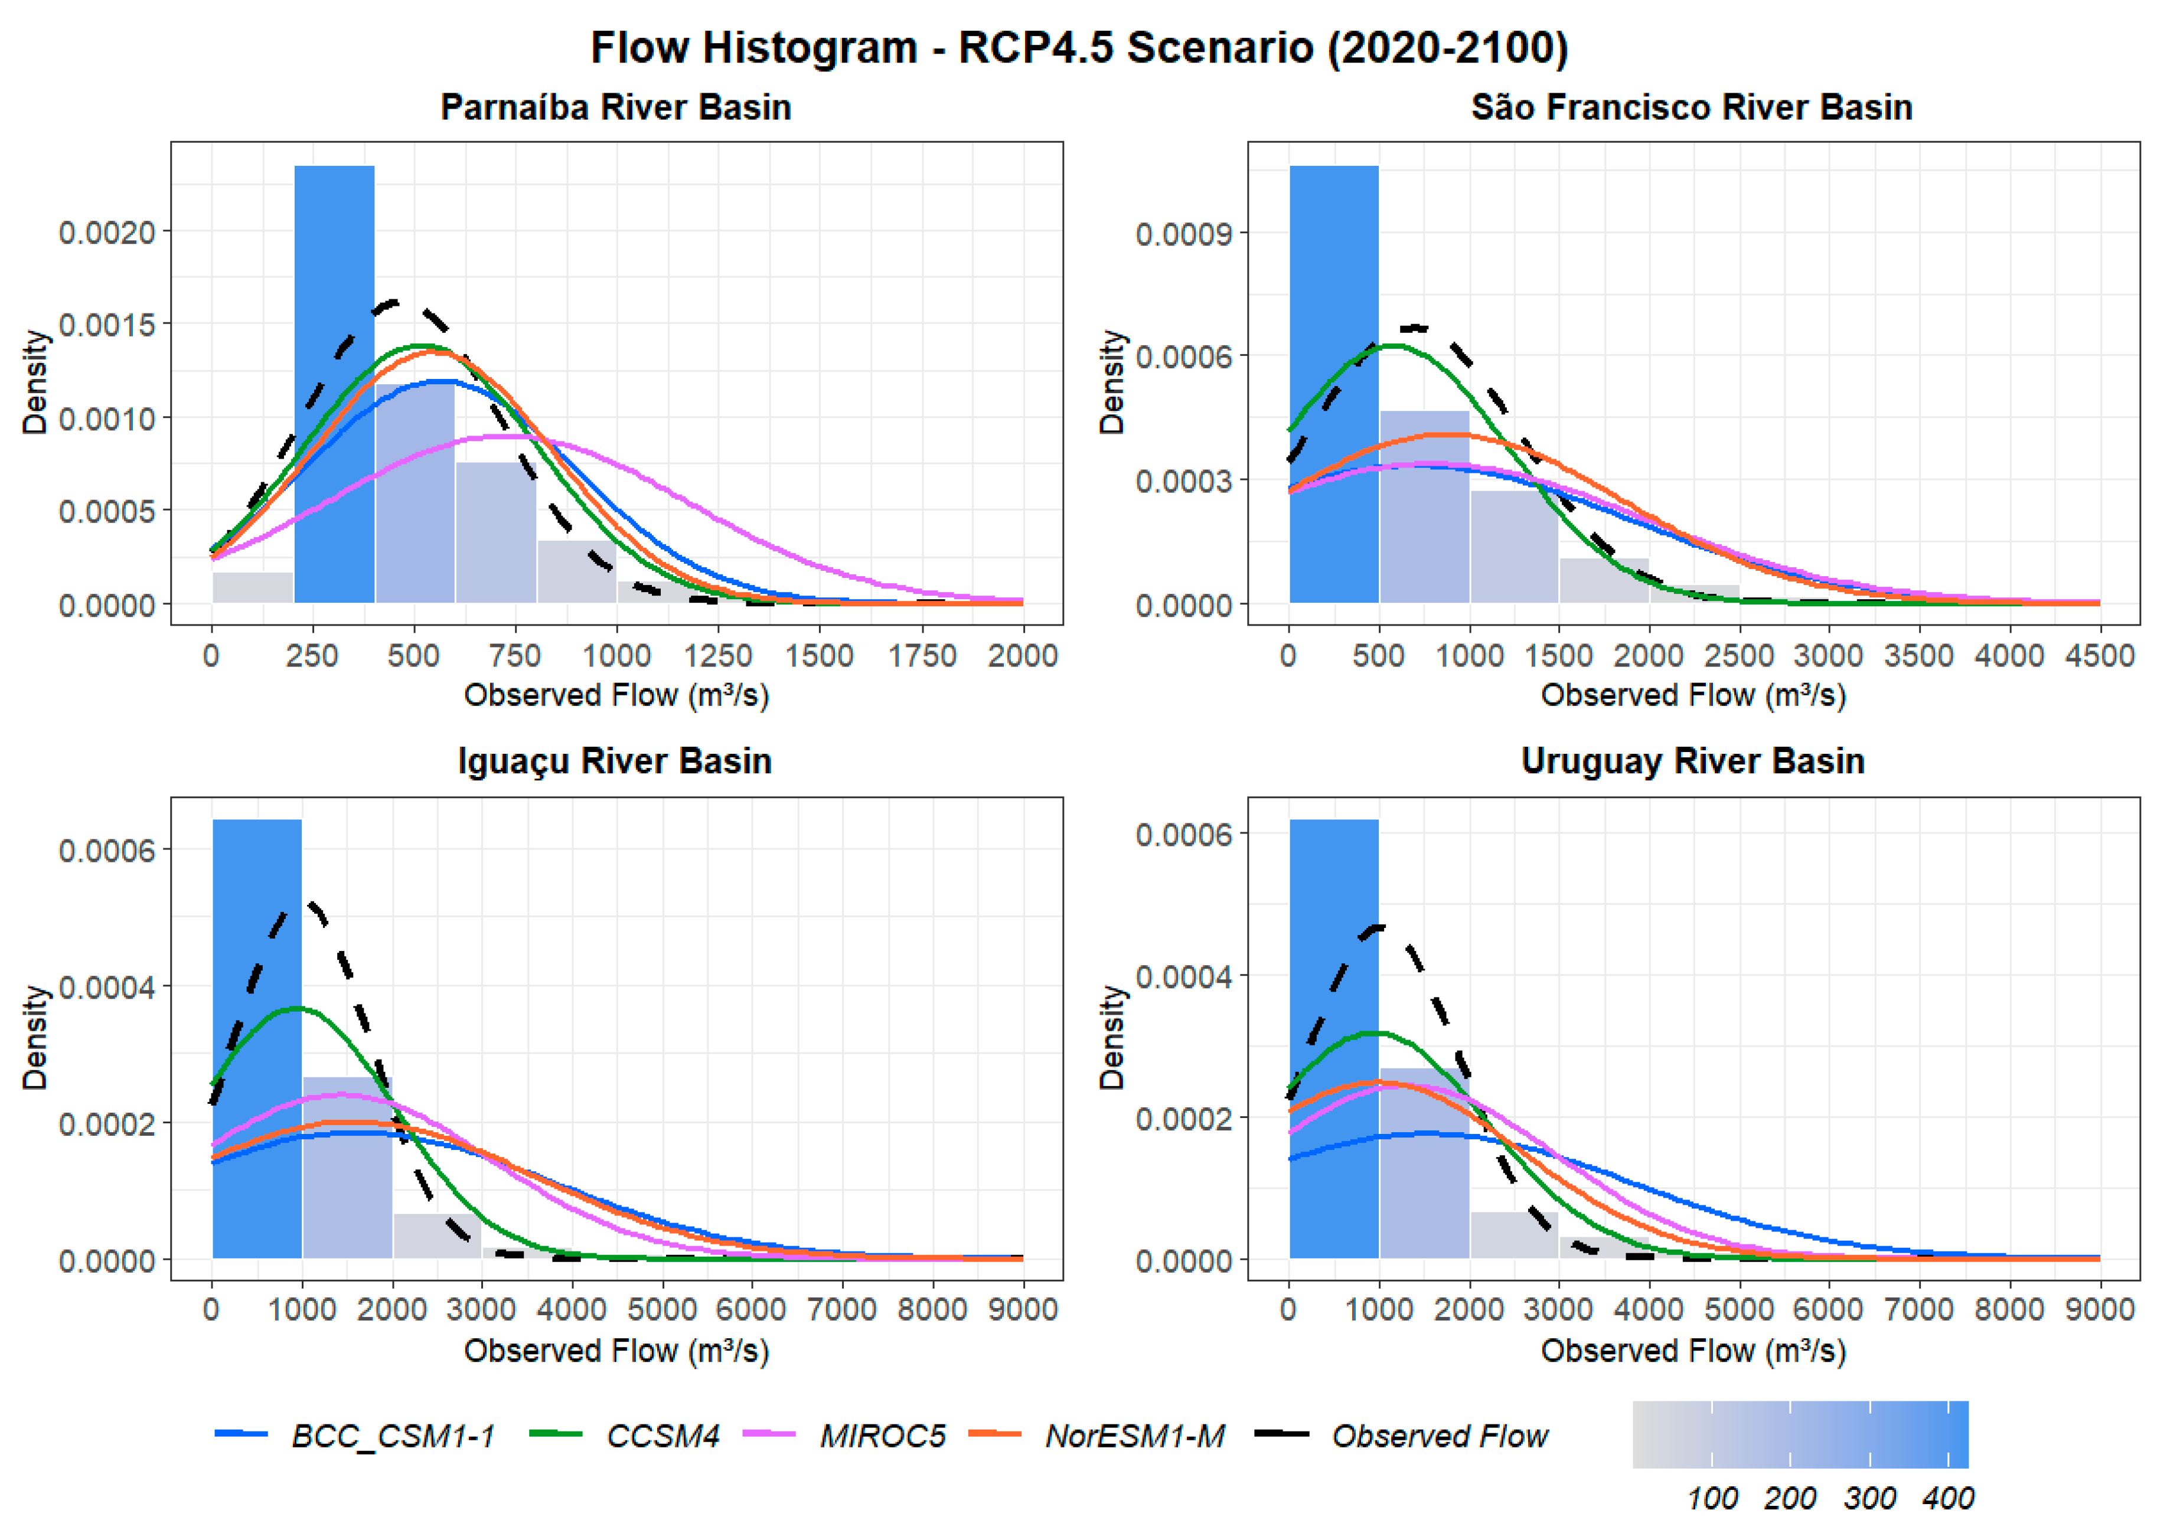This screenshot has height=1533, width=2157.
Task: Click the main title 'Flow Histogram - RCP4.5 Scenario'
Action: pos(1079,47)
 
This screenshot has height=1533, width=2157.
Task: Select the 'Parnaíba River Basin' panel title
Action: pos(615,107)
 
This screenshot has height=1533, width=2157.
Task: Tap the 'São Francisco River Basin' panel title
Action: pos(1692,107)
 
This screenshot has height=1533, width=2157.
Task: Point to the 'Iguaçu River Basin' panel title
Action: pos(615,761)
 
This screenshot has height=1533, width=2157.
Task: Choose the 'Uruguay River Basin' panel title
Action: pos(1692,761)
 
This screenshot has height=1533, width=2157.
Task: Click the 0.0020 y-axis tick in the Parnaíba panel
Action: pos(107,232)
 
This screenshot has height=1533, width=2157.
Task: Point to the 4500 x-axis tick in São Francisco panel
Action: pos(2099,655)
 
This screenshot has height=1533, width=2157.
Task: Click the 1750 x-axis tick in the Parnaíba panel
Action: pos(921,655)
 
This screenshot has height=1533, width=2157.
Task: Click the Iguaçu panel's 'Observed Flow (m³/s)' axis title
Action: pos(615,1351)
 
